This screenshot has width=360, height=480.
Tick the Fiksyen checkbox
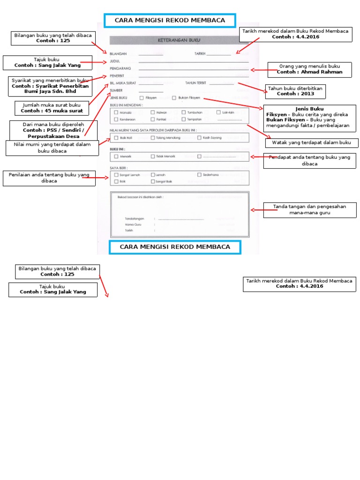(142, 98)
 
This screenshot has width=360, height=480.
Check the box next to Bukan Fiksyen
(174, 98)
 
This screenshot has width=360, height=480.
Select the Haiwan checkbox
(152, 112)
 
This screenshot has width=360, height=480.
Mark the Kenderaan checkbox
(116, 120)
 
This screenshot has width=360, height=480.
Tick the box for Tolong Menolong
(152, 138)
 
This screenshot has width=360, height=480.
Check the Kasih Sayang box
(199, 138)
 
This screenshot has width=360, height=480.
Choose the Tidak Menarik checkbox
(152, 157)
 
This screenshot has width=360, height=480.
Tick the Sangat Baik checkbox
(152, 181)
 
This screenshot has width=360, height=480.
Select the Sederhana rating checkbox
(199, 175)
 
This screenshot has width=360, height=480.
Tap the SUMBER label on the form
(117, 90)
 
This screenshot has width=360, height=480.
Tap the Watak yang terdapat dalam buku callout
(312, 143)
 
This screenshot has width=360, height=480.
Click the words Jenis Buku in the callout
(310, 109)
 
